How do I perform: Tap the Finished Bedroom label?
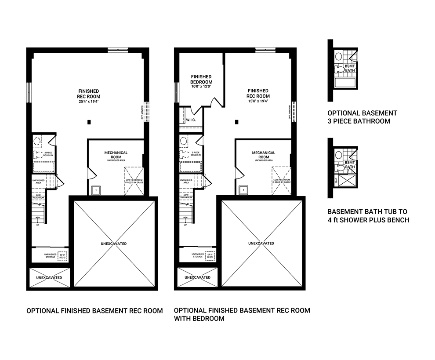click(201, 79)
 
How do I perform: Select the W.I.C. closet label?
click(191, 120)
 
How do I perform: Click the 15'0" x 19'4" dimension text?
click(258, 101)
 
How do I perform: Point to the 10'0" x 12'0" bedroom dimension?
click(201, 87)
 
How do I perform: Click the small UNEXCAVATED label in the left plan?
click(49, 278)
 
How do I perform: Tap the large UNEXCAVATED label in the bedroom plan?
click(261, 243)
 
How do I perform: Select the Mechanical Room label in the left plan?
click(116, 155)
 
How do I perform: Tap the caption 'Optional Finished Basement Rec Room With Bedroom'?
click(242, 314)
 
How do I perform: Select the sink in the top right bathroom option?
click(338, 57)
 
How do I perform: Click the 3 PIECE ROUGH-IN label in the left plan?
click(48, 154)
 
